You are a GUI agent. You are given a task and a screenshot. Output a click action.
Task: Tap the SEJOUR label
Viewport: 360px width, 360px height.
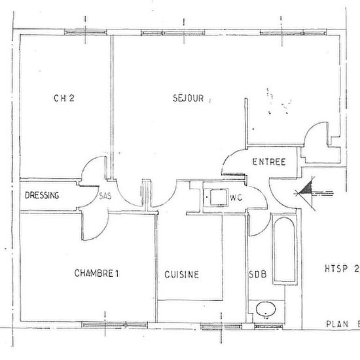189,99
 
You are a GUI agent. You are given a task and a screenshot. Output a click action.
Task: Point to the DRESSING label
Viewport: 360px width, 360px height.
43,195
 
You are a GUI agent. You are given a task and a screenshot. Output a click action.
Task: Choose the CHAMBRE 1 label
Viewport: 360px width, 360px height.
97,274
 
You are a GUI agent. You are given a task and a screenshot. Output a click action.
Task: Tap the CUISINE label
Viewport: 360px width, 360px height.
182,275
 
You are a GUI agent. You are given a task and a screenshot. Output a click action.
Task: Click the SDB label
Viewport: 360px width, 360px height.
257,275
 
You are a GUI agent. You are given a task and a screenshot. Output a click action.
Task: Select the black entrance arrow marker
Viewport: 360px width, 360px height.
305,190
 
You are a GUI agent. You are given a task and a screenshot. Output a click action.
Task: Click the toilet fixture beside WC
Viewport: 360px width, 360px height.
213,196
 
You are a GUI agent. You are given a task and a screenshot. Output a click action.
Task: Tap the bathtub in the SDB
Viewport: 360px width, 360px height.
284,253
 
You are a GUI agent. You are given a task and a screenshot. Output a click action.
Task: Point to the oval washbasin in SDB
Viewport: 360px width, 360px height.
266,310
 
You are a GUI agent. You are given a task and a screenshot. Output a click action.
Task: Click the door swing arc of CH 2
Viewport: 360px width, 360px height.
92,171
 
